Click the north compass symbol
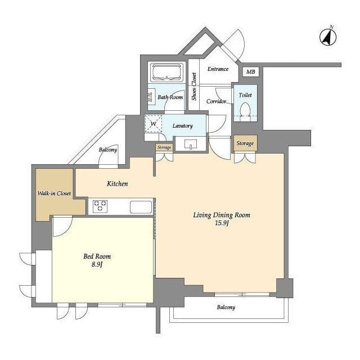[328, 37]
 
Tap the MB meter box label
[250, 71]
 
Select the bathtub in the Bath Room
[167, 72]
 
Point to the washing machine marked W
[153, 124]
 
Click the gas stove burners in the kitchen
[100, 206]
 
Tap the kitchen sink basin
[141, 207]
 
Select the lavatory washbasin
[191, 144]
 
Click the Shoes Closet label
[194, 87]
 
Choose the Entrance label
[218, 69]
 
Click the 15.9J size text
[222, 223]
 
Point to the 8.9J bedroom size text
[97, 264]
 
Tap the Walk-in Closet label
[54, 193]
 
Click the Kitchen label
[118, 184]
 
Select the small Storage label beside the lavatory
[164, 147]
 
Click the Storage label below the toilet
[245, 143]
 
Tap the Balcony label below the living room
[226, 307]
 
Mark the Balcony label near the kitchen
[108, 150]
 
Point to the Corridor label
[216, 101]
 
